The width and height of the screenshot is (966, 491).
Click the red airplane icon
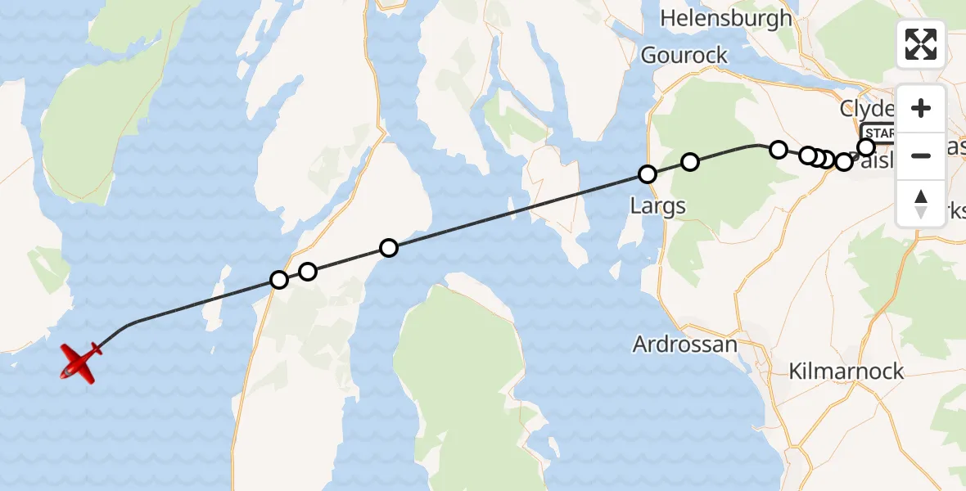click(79, 361)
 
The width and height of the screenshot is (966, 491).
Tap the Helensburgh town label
click(726, 18)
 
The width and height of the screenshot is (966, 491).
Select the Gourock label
click(684, 55)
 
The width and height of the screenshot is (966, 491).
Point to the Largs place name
click(658, 205)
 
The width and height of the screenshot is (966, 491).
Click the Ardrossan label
click(684, 345)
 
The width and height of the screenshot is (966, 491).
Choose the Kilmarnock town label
click(846, 371)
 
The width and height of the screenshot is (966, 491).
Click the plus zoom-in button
click(921, 109)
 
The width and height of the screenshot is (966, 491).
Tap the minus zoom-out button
click(921, 155)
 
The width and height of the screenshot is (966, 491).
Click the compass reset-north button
click(921, 204)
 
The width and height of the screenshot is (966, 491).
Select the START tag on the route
click(878, 133)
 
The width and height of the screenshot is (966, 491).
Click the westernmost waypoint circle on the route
click(279, 280)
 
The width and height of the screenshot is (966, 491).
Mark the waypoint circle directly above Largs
click(648, 174)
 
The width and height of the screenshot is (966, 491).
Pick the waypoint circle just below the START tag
click(866, 147)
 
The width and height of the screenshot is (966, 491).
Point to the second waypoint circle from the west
click(307, 271)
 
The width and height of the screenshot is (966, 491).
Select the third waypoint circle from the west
click(389, 248)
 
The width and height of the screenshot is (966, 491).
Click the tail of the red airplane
click(96, 349)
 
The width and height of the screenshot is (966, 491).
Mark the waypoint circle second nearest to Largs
click(690, 162)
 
